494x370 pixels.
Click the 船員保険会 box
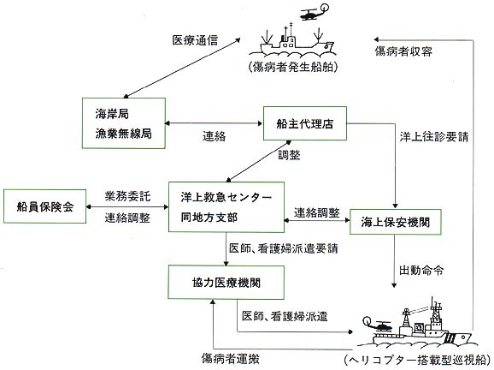pyautogui.click(x=44, y=206)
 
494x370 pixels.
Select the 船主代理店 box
pyautogui.click(x=304, y=123)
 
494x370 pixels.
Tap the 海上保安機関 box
pyautogui.click(x=395, y=222)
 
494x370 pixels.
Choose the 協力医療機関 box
pyautogui.click(x=226, y=283)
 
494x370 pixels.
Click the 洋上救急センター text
pyautogui.click(x=226, y=197)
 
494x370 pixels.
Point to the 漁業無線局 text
pyautogui.click(x=123, y=134)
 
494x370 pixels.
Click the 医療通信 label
pyautogui.click(x=195, y=40)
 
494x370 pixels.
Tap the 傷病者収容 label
pyautogui.click(x=403, y=51)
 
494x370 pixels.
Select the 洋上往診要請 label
pyautogui.click(x=434, y=137)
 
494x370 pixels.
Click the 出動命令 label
pyautogui.click(x=421, y=271)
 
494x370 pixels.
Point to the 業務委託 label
pyautogui.click(x=127, y=196)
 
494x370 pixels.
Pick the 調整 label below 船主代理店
pyautogui.click(x=289, y=155)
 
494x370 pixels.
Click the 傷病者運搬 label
pyautogui.click(x=231, y=359)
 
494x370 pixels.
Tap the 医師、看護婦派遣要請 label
pyautogui.click(x=284, y=248)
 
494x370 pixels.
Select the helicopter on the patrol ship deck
pyautogui.click(x=377, y=324)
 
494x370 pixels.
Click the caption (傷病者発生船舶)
pyautogui.click(x=293, y=67)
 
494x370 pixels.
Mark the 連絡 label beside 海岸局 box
pyautogui.click(x=214, y=136)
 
